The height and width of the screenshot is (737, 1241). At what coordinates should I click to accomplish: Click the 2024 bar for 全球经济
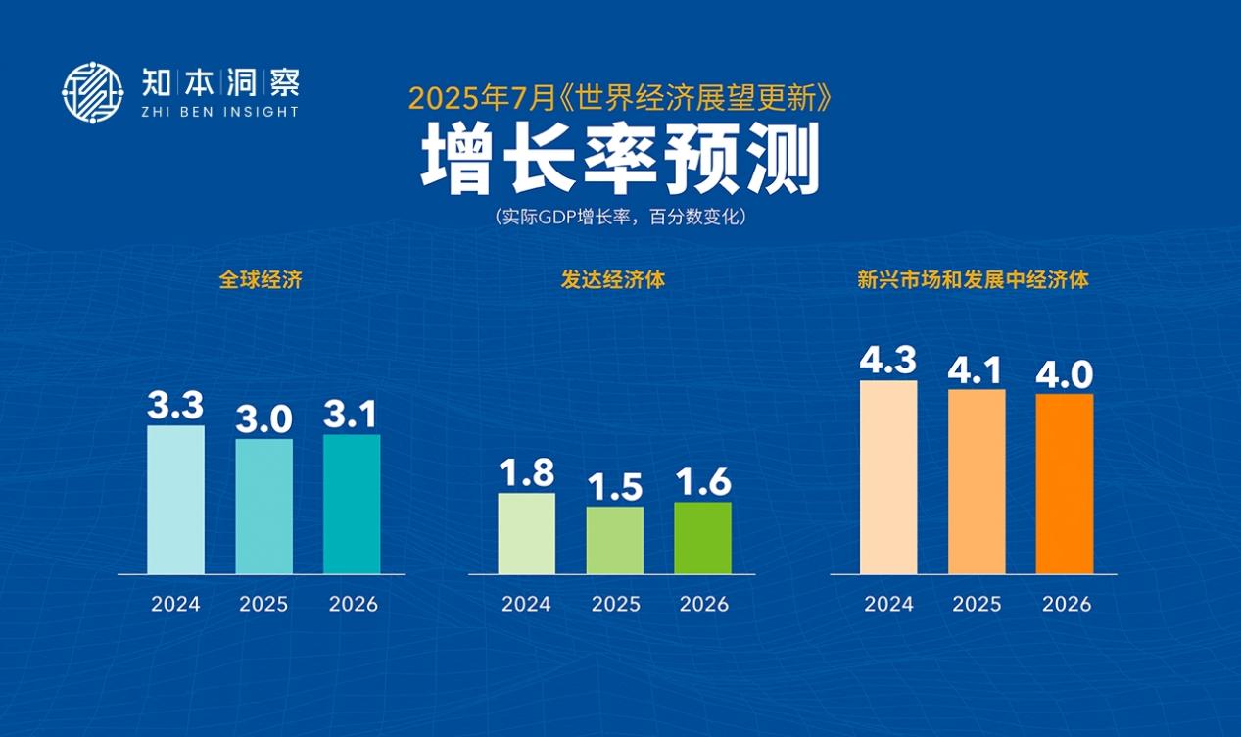[x=175, y=500]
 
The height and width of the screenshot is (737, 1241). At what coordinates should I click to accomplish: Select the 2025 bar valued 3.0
[x=263, y=507]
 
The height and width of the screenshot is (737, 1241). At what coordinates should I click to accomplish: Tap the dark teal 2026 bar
[x=352, y=504]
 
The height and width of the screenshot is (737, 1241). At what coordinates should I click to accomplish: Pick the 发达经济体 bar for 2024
[x=526, y=533]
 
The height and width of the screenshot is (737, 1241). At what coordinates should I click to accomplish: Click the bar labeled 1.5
[x=615, y=540]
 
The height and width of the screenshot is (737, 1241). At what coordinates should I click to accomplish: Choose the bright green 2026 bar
[x=703, y=538]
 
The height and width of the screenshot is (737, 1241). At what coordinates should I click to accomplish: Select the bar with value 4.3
[x=888, y=477]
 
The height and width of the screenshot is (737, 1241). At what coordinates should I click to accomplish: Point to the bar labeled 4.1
[x=977, y=481]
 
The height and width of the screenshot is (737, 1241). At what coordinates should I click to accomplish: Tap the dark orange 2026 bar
[x=1065, y=484]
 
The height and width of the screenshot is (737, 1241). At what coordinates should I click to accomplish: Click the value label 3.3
[x=175, y=406]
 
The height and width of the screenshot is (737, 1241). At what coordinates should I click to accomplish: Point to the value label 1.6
[x=703, y=482]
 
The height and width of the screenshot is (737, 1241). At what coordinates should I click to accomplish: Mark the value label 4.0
[x=1065, y=374]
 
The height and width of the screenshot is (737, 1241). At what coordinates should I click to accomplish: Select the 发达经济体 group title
[x=613, y=279]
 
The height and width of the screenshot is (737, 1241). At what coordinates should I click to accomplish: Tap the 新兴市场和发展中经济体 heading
[x=973, y=279]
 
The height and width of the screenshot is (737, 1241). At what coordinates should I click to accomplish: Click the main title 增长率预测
[x=620, y=160]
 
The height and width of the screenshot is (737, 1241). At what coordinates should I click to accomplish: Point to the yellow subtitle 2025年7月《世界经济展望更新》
[x=619, y=98]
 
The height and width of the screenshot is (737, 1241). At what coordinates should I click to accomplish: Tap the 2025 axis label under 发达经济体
[x=615, y=604]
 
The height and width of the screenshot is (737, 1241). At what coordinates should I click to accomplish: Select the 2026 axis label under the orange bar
[x=1066, y=604]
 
